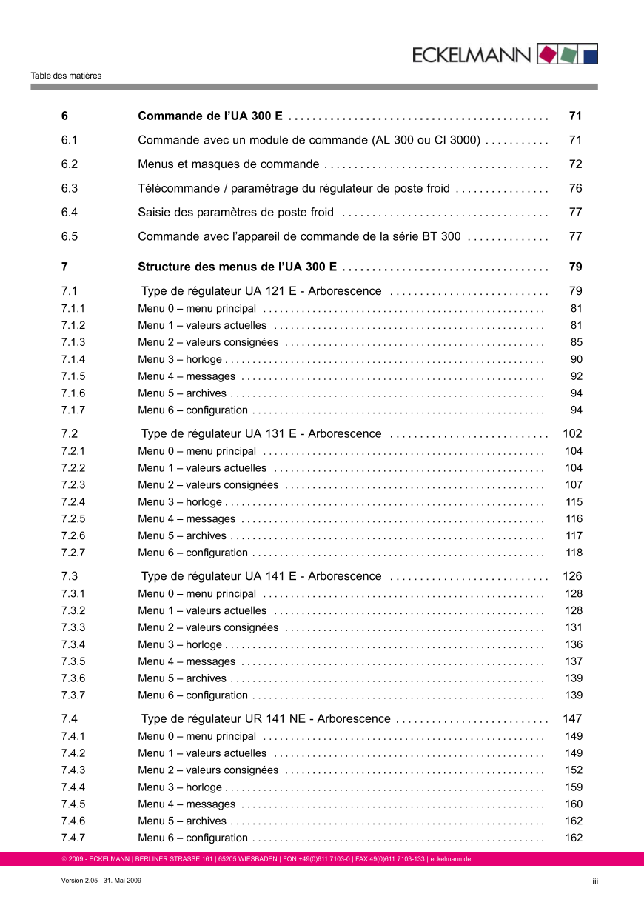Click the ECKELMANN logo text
coord(472,55)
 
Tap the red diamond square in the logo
coord(547,54)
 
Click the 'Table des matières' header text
coord(66,76)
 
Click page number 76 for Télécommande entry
coord(575,188)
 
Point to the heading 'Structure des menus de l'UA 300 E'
coord(238,267)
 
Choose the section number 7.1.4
coord(73,359)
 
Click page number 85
coord(576,342)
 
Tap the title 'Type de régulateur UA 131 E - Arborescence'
coord(261,433)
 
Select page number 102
coord(572,433)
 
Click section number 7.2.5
coord(73,518)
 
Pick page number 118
coord(574,553)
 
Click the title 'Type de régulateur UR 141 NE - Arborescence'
coord(265,718)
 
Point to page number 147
coord(572,718)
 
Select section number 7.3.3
coord(73,627)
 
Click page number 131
coord(574,627)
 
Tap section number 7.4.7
coord(73,838)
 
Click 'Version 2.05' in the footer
coord(79,881)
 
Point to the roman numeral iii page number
coord(594,881)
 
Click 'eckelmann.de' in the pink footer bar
coord(451,859)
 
